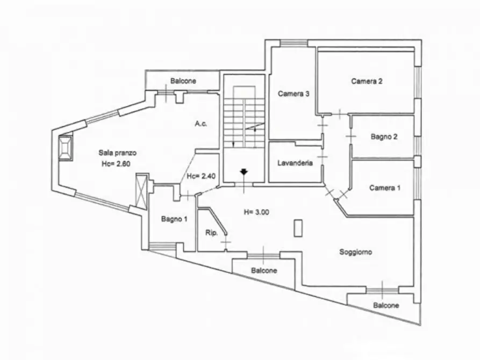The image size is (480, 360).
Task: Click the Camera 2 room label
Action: [367, 82]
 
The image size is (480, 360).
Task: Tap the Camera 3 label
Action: [293, 93]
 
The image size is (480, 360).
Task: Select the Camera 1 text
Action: [385, 188]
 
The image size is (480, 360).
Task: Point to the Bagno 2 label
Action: [384, 136]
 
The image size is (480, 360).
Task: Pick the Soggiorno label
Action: [356, 252]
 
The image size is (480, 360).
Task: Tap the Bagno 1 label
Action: [174, 219]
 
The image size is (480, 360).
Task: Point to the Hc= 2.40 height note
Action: [201, 176]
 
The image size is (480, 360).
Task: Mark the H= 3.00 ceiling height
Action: [256, 212]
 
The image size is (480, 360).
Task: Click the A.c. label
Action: [201, 124]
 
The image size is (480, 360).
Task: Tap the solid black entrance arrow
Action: [243, 172]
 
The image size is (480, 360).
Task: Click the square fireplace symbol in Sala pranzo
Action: [66, 147]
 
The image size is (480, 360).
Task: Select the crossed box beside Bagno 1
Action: [142, 191]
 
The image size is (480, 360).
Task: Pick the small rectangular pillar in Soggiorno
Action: [298, 228]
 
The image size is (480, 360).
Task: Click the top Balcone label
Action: [183, 81]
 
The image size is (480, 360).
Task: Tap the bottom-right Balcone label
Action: [386, 305]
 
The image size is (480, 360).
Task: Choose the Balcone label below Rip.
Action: [264, 271]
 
